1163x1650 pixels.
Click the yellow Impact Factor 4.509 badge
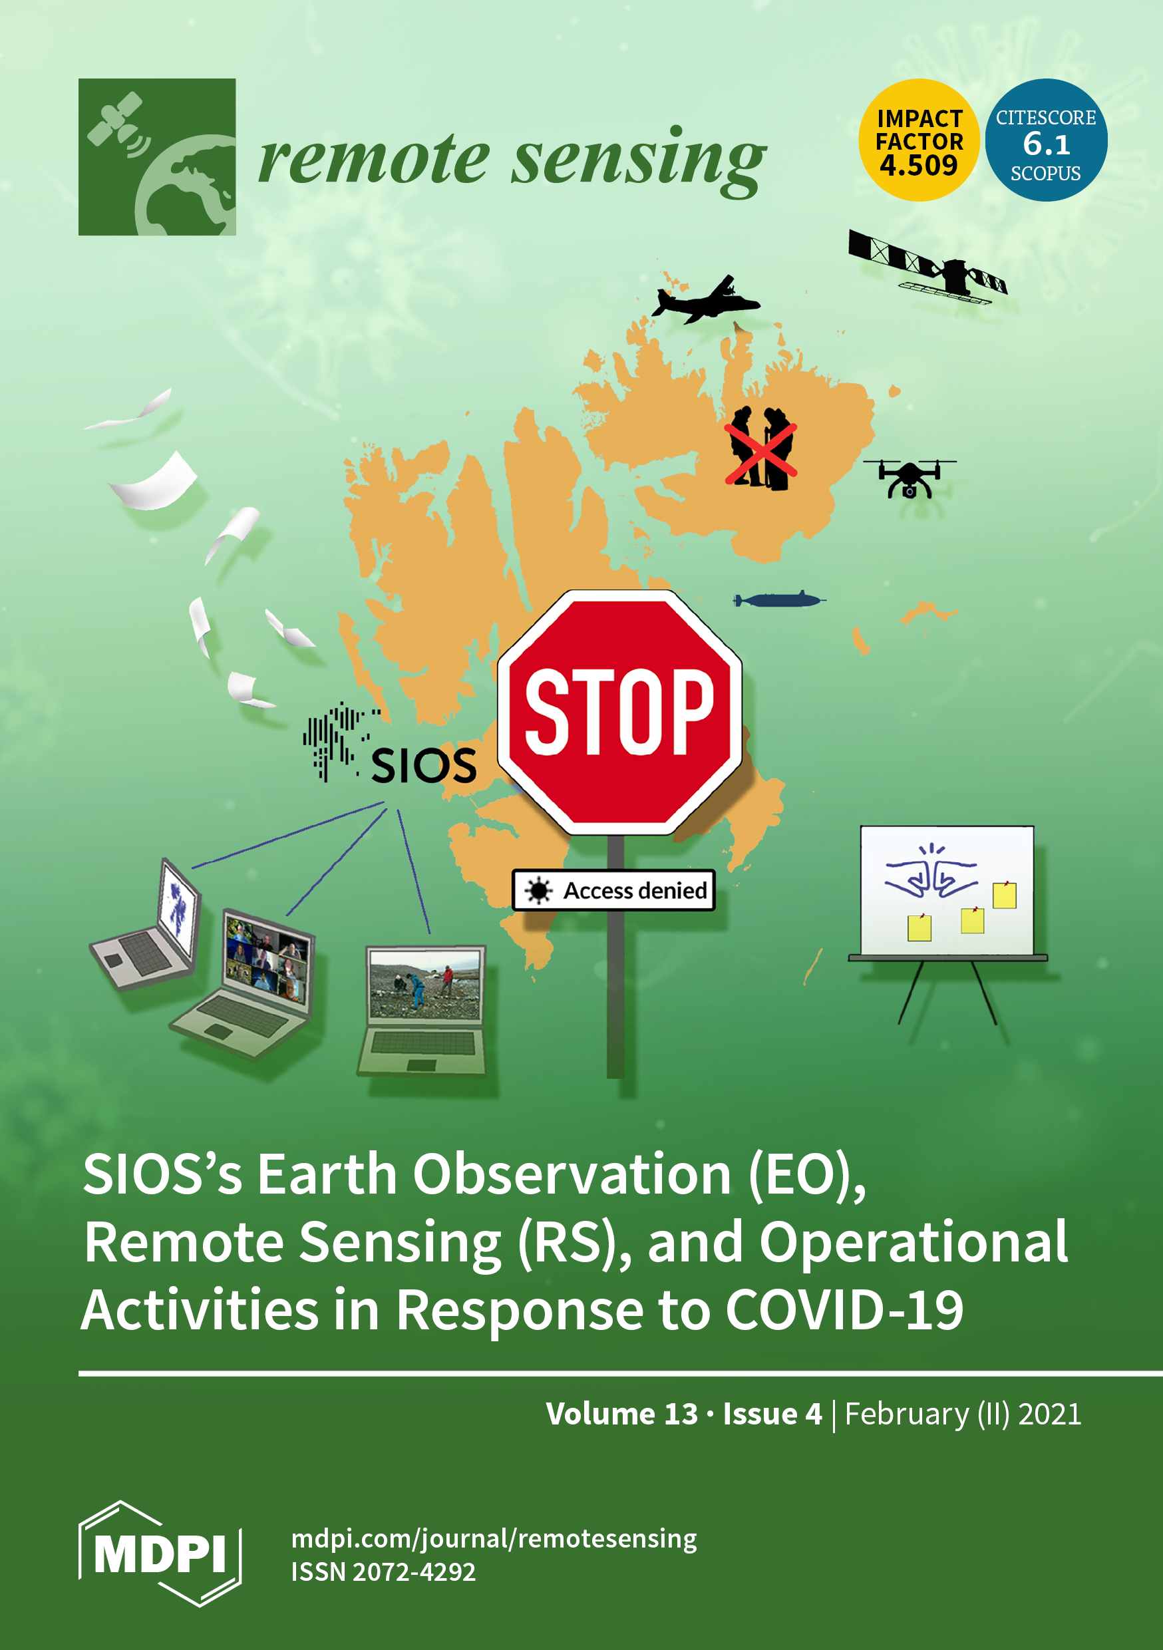pyautogui.click(x=919, y=140)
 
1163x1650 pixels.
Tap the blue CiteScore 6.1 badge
pyautogui.click(x=1046, y=140)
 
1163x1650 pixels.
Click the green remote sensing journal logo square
pyautogui.click(x=157, y=156)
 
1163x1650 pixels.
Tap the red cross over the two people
pyautogui.click(x=760, y=454)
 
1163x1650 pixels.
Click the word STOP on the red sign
pyautogui.click(x=619, y=711)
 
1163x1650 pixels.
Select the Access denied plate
pyautogui.click(x=613, y=890)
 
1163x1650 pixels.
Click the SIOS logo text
pyautogui.click(x=423, y=765)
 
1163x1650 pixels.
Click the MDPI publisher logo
pyautogui.click(x=160, y=1554)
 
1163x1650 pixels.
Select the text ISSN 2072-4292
pyautogui.click(x=383, y=1571)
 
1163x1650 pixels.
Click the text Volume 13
pyautogui.click(x=621, y=1414)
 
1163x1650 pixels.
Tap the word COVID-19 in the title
pyautogui.click(x=844, y=1309)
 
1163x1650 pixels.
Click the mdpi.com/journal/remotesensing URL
pyautogui.click(x=494, y=1539)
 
